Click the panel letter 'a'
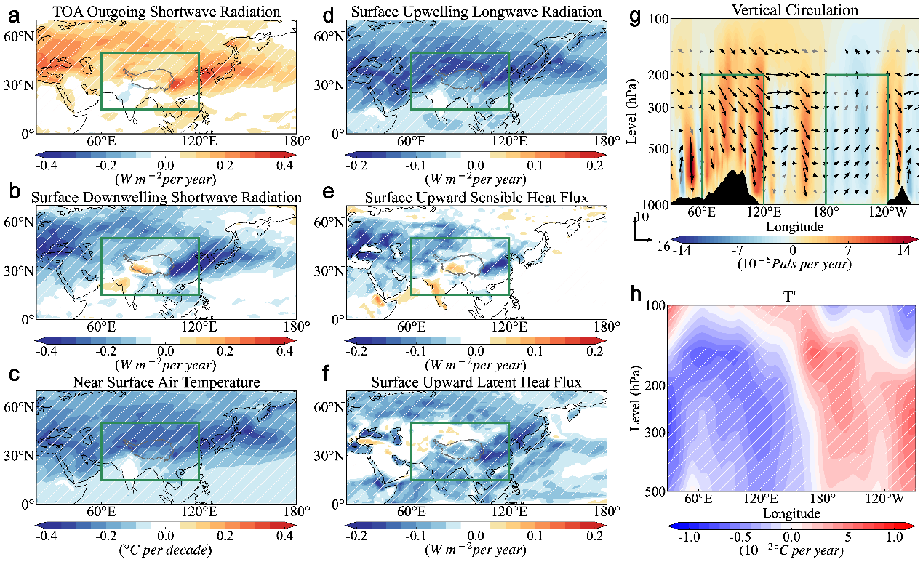tap(14, 17)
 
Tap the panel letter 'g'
tap(636, 17)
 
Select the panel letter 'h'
tap(636, 294)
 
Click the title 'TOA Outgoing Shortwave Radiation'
tap(167, 12)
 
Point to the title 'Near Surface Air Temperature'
tap(167, 382)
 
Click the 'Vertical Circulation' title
tap(795, 10)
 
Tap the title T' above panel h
tap(789, 296)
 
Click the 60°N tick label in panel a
tap(19, 36)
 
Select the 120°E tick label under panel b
tap(199, 326)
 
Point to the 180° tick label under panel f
tap(607, 512)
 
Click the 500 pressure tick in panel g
tap(658, 149)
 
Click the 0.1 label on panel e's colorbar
tap(535, 351)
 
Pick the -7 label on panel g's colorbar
tap(737, 250)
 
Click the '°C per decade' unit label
tap(166, 550)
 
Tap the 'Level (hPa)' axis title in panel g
tap(632, 111)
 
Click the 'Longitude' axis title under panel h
tap(791, 513)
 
